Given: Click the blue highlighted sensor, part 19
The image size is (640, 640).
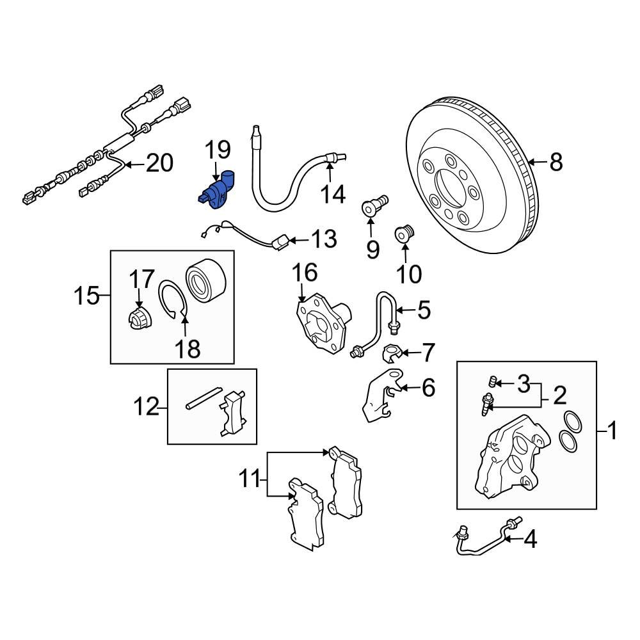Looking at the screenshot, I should (x=216, y=191).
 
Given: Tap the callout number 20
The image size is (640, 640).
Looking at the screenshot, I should (x=159, y=163).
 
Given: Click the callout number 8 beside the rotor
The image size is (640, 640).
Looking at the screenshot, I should (x=556, y=163).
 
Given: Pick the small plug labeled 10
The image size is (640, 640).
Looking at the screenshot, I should (x=404, y=234).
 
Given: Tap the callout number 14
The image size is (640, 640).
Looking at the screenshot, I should (x=333, y=193).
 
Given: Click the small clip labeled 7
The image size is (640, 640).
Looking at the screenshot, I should (x=394, y=353).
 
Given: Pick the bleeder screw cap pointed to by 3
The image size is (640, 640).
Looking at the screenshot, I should (x=492, y=383).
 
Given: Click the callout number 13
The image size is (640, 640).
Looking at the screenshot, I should (x=324, y=241).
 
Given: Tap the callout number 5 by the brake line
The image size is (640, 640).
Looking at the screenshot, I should (x=424, y=311).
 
